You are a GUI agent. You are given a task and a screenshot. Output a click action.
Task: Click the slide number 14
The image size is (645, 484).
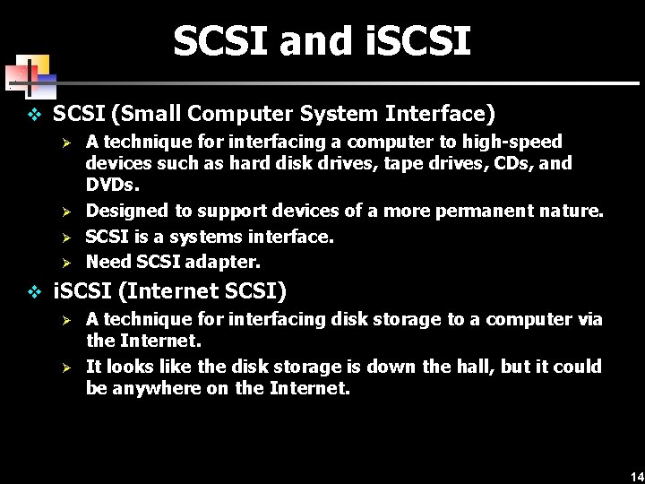tap(636, 475)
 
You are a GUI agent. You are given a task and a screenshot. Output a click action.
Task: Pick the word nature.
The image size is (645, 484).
tap(572, 211)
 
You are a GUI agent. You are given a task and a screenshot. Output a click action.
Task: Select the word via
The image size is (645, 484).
tap(588, 319)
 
